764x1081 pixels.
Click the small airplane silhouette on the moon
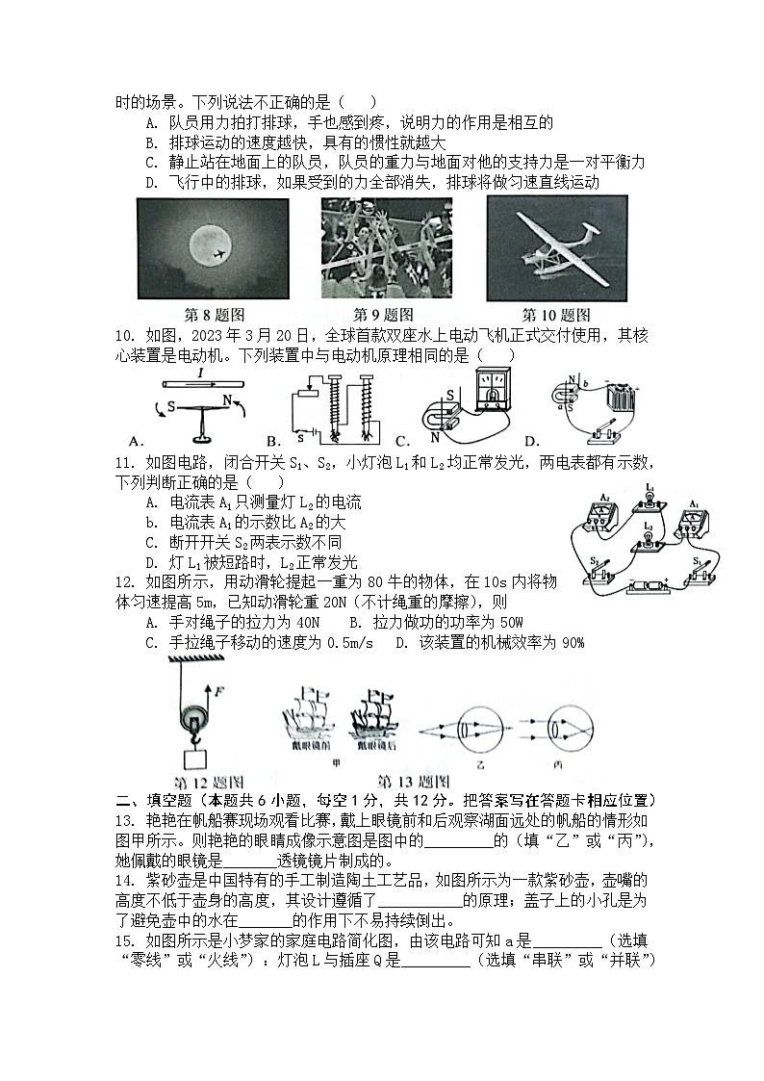point(219,253)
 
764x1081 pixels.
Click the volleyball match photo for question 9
point(385,248)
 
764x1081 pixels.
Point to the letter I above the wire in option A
point(199,372)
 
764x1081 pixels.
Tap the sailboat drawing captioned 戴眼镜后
point(375,717)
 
